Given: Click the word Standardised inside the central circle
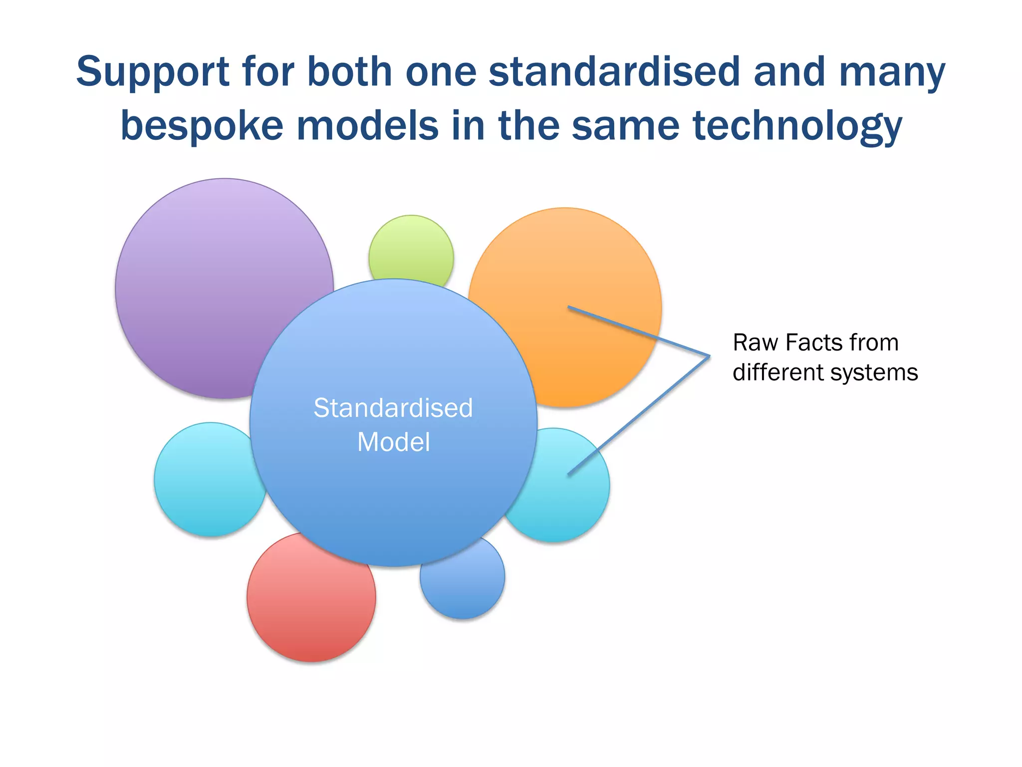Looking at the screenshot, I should coord(393,408).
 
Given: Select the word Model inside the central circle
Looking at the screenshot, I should coord(393,442).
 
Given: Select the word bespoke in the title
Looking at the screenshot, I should coord(202,126).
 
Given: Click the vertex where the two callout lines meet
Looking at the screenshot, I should coord(709,356).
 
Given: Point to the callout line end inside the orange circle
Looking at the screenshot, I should coord(569,307).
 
